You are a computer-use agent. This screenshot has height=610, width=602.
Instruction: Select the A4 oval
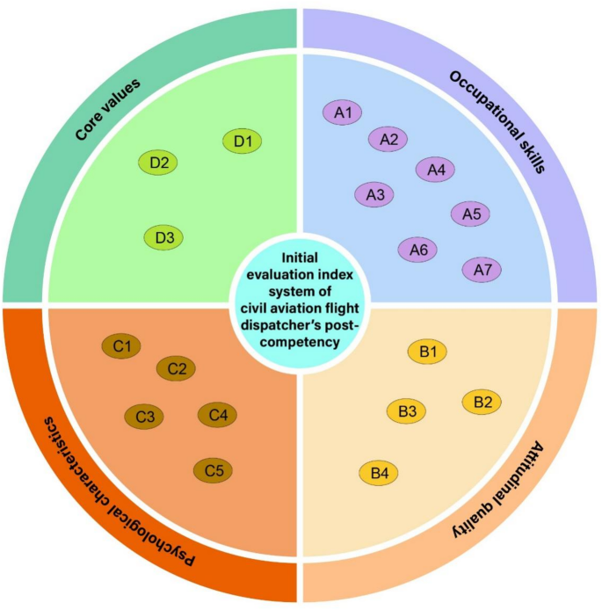point(435,171)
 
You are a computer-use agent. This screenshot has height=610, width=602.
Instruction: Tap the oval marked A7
point(482,270)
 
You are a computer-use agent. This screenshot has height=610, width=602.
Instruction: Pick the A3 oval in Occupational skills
point(375,195)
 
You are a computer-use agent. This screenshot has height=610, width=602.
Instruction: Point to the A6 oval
point(418,251)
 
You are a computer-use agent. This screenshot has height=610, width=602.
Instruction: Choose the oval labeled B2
point(482,402)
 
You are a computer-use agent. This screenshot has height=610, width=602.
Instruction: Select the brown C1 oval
point(122,347)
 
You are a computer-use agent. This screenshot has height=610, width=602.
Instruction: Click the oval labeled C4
point(217,414)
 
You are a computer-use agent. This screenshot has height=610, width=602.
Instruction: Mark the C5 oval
point(214,471)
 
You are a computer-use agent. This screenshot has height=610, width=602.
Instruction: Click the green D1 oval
point(243,141)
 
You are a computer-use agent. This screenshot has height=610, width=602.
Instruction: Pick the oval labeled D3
point(164,237)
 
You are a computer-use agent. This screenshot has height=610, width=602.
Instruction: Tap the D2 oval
point(159,162)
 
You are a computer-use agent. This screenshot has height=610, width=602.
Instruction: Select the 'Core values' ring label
point(109,109)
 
